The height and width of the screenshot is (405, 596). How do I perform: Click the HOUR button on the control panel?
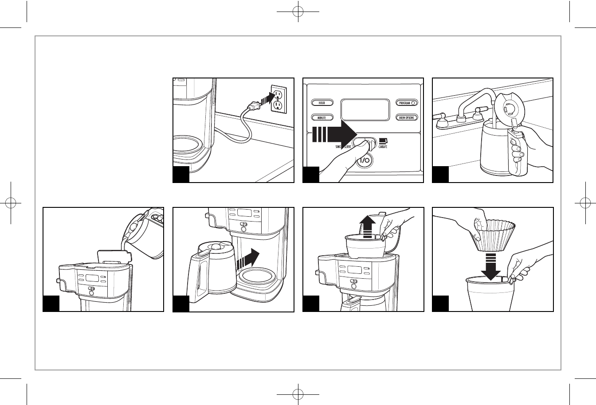[322, 103]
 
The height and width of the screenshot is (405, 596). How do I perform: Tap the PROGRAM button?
[406, 103]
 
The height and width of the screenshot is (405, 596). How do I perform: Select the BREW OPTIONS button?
[406, 117]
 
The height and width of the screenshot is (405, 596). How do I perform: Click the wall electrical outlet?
[277, 100]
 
